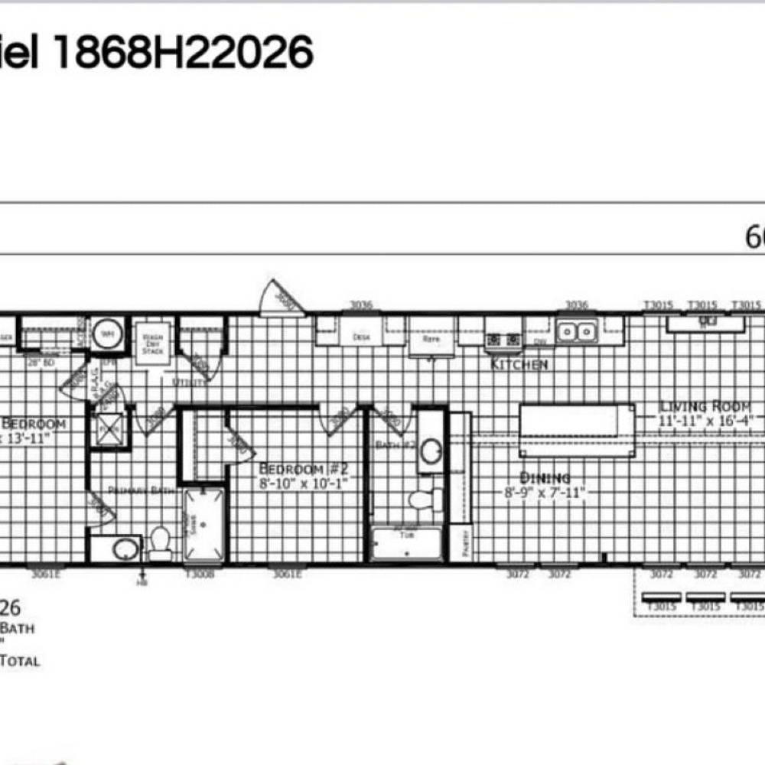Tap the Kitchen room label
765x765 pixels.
click(519, 365)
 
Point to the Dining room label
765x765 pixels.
click(545, 478)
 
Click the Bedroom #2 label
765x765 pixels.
click(304, 468)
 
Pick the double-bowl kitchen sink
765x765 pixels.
click(577, 332)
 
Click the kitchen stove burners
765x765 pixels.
click(503, 339)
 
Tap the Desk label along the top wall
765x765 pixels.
click(361, 337)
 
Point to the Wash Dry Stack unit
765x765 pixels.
click(152, 342)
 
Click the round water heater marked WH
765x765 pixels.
click(105, 334)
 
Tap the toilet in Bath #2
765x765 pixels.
click(423, 500)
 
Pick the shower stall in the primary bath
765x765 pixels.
click(203, 524)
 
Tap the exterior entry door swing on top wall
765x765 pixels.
click(279, 299)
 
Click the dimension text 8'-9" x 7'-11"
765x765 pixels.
click(544, 493)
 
